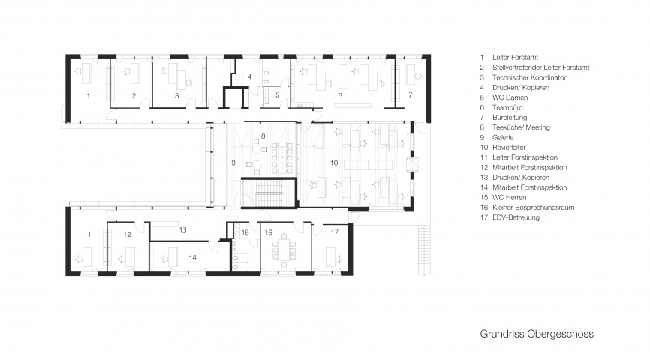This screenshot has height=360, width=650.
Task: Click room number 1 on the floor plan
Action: pyautogui.click(x=89, y=96)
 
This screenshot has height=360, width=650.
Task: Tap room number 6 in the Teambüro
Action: pyautogui.click(x=340, y=96)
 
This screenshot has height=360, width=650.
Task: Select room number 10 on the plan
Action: pyautogui.click(x=334, y=163)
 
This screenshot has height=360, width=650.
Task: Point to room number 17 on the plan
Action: pyautogui.click(x=335, y=232)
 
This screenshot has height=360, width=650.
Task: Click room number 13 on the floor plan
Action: pyautogui.click(x=183, y=230)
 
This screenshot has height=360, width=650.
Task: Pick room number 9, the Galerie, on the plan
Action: pyautogui.click(x=233, y=163)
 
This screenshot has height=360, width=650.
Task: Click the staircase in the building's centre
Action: pyautogui.click(x=269, y=192)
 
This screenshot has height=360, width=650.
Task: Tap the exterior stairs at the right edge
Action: pyautogui.click(x=425, y=250)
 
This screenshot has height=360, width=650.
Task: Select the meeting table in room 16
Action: pyautogui.click(x=284, y=250)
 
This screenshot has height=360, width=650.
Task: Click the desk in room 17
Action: pyautogui.click(x=330, y=256)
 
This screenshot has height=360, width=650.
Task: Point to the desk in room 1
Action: pyautogui.click(x=86, y=73)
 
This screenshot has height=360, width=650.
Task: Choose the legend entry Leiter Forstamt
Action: pyautogui.click(x=516, y=58)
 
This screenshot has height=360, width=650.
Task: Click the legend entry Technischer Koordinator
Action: pyautogui.click(x=529, y=77)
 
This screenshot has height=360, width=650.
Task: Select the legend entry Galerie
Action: pyautogui.click(x=503, y=137)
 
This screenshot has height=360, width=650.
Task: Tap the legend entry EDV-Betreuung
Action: pyautogui.click(x=516, y=217)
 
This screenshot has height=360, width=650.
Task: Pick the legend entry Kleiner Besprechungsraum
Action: pyautogui.click(x=533, y=208)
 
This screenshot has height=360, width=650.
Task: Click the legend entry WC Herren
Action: pyautogui.click(x=509, y=197)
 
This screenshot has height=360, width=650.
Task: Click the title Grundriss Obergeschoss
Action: pyautogui.click(x=537, y=334)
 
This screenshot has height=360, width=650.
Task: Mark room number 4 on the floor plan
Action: pyautogui.click(x=249, y=76)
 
